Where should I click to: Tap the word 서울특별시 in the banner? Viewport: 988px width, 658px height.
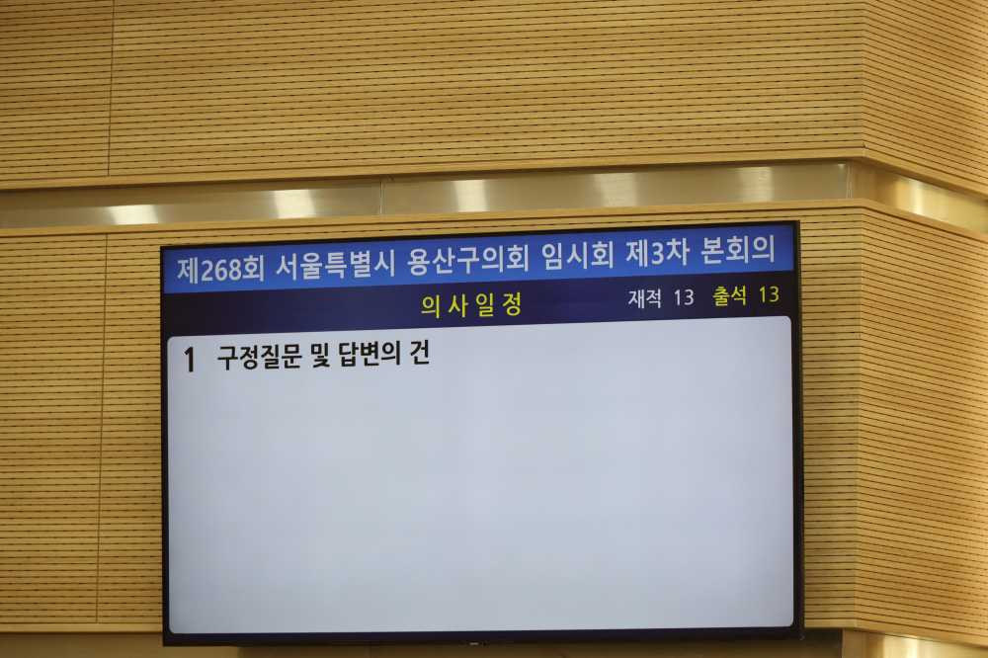[335, 265]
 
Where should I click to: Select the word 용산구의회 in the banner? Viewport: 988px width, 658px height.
[468, 260]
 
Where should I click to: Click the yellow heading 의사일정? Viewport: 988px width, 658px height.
[471, 305]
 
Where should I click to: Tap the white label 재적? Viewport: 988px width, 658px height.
[644, 298]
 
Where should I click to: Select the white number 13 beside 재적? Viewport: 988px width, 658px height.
[683, 297]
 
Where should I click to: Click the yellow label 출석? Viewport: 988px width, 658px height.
[730, 295]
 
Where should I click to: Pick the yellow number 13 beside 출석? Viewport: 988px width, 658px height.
[769, 294]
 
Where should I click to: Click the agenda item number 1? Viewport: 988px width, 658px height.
[190, 361]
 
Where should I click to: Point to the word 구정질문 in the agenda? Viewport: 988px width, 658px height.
[259, 358]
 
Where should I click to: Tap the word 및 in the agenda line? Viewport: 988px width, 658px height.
[320, 356]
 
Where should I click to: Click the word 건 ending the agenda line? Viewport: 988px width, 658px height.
[420, 353]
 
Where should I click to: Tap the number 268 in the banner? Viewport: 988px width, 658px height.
[220, 270]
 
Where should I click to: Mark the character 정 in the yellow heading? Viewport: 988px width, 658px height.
[512, 304]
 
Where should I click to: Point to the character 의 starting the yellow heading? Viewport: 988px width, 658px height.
[431, 307]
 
